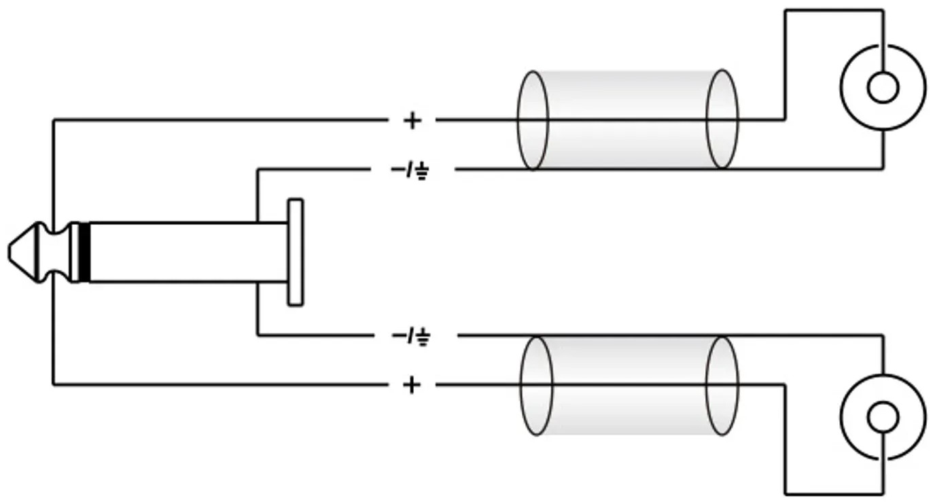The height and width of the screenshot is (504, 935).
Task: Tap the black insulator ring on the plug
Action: coord(84,253)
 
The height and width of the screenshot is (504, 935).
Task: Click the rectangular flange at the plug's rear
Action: coord(296,252)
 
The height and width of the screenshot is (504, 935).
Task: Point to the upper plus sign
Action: coord(412,121)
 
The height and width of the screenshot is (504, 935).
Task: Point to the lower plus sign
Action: coord(412,384)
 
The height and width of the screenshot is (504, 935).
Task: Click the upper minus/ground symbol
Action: coord(410,170)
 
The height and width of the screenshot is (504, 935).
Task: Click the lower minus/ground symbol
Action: coord(411,336)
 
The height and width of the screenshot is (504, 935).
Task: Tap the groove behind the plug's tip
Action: coord(54,252)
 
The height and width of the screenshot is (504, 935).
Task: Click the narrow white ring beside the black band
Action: coord(75,253)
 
